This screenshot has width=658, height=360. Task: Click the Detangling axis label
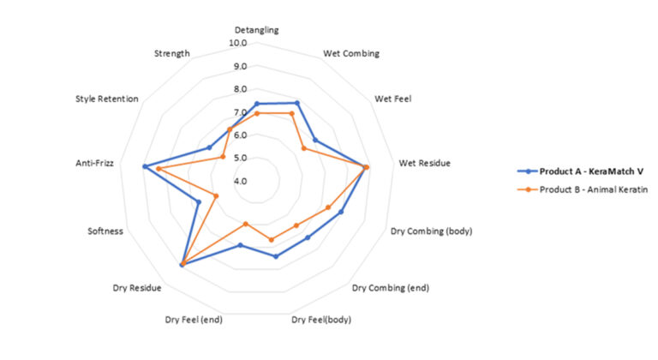tap(256, 30)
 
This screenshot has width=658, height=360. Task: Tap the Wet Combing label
tap(351, 53)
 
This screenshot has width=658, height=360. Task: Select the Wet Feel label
tap(393, 99)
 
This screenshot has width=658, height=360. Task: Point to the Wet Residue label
tap(425, 163)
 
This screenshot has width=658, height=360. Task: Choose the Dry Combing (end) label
tap(391, 287)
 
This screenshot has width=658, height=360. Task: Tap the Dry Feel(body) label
tap(321, 320)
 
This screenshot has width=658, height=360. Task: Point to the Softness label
tap(105, 231)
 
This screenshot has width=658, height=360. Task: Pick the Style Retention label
tap(107, 99)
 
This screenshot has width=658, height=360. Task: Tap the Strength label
tap(171, 53)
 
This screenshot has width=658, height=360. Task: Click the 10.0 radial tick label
tap(237, 43)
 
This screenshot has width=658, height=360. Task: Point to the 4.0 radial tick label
tap(237, 181)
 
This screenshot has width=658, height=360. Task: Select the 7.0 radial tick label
tap(237, 112)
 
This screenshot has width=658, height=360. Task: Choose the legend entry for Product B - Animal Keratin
tap(585, 189)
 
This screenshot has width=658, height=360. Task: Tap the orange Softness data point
tap(216, 196)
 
